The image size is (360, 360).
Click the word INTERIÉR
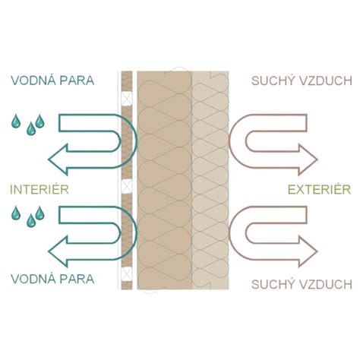click(39, 189)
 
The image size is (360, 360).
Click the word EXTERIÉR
click(320, 189)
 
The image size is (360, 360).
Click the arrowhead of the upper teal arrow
click(58, 159)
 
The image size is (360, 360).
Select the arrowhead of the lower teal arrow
click(58, 251)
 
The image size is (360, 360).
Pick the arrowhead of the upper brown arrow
click(308, 159)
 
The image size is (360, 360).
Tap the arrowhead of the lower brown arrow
click(308, 251)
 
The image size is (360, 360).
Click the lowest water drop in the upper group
click(31, 128)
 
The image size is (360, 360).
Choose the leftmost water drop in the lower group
click(16, 213)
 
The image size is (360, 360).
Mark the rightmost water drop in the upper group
click(39, 121)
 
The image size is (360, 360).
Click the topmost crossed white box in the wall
click(127, 99)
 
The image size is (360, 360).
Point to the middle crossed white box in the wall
click(127, 186)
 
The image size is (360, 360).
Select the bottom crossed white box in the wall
click(127, 274)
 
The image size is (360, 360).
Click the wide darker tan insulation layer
click(165, 180)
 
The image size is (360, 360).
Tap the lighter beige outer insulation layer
click(210, 180)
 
